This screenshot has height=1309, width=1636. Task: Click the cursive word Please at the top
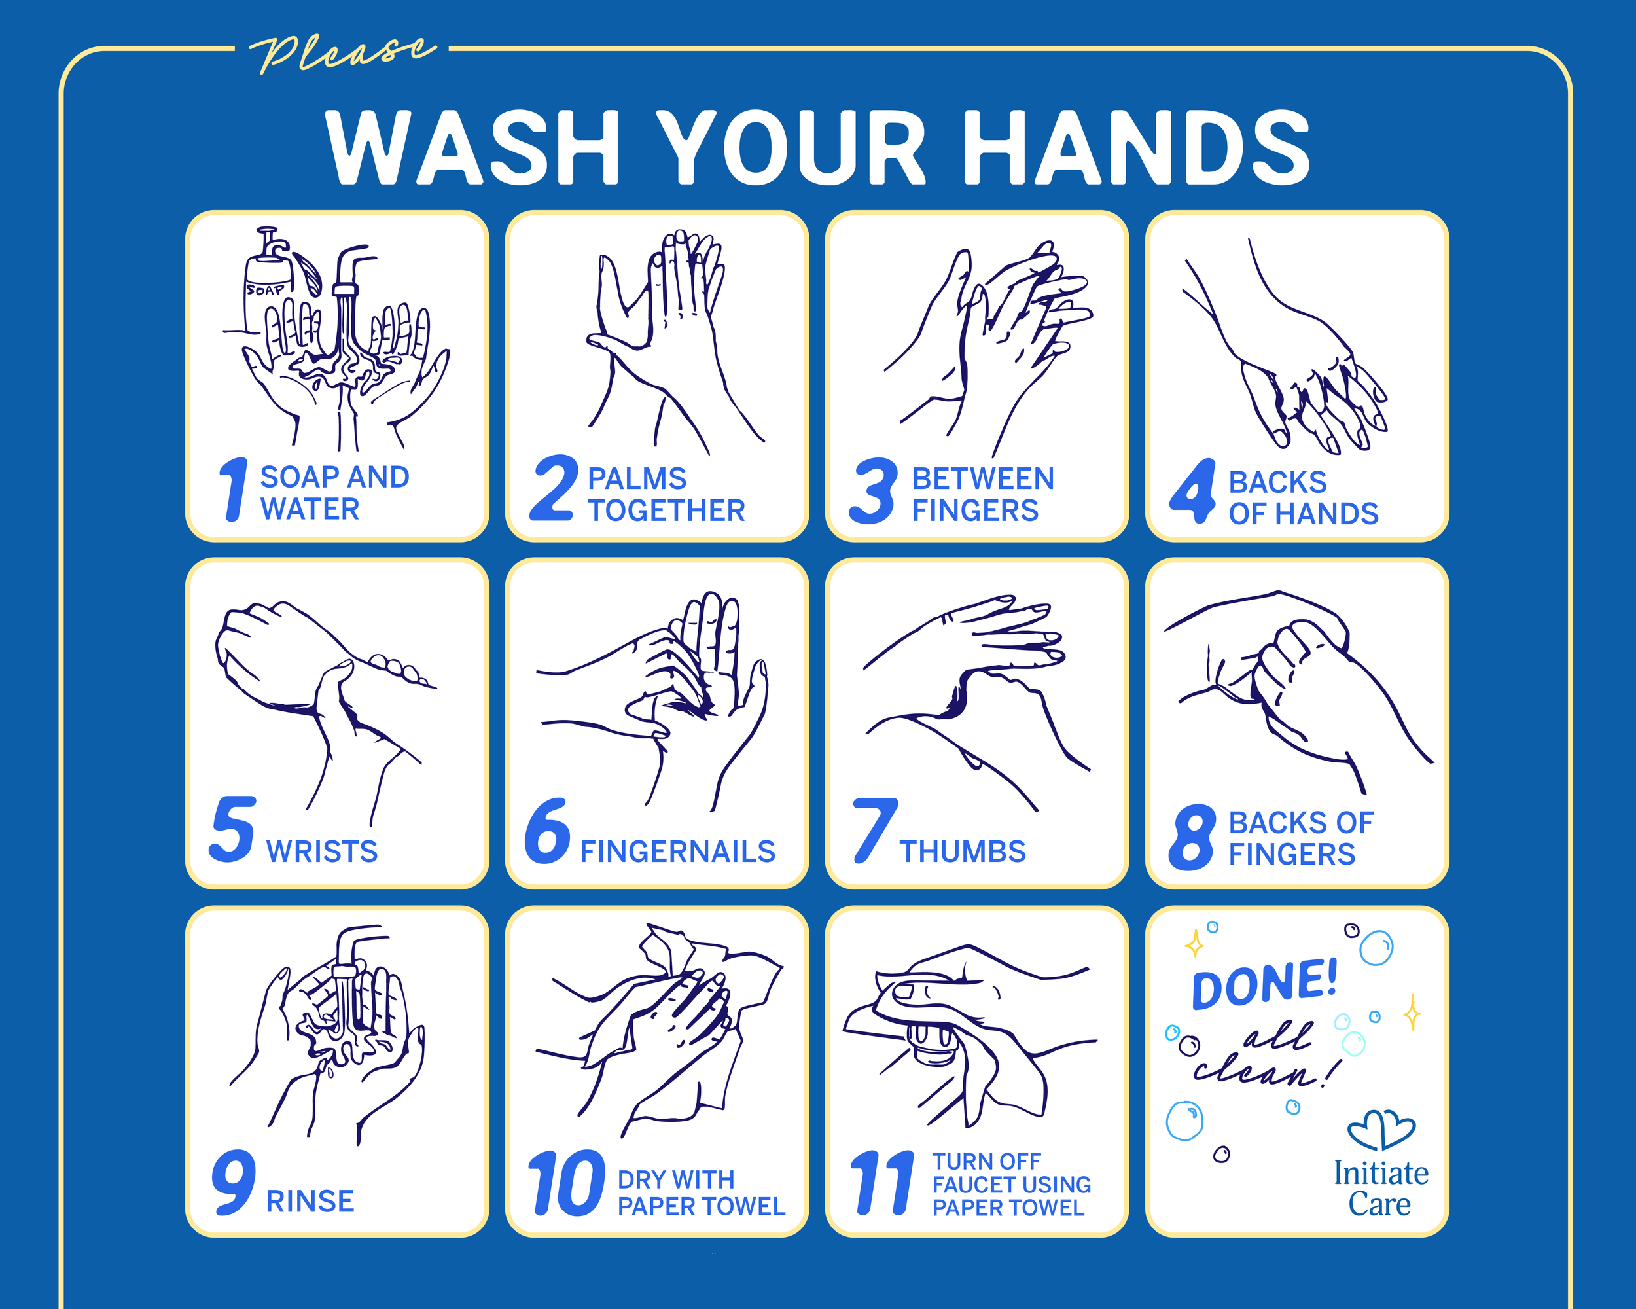pos(343,53)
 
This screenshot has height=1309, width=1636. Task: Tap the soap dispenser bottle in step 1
pos(267,292)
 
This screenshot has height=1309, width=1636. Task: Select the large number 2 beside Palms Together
pos(553,490)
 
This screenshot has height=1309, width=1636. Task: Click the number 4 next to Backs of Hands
pos(1194,491)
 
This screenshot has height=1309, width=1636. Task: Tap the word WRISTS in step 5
pos(322,852)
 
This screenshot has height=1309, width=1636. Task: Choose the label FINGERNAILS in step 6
pos(677,852)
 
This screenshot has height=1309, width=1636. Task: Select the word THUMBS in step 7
pos(962,852)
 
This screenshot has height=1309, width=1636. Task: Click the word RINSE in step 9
pos(310,1201)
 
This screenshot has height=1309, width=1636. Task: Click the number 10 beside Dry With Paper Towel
pos(566,1183)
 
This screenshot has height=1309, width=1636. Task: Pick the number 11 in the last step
pos(883,1183)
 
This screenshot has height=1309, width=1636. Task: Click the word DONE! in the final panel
pos(1264,984)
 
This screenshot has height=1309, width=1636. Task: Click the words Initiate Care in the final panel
pos(1380,1189)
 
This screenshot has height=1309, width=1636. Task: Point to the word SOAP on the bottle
pos(265,290)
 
